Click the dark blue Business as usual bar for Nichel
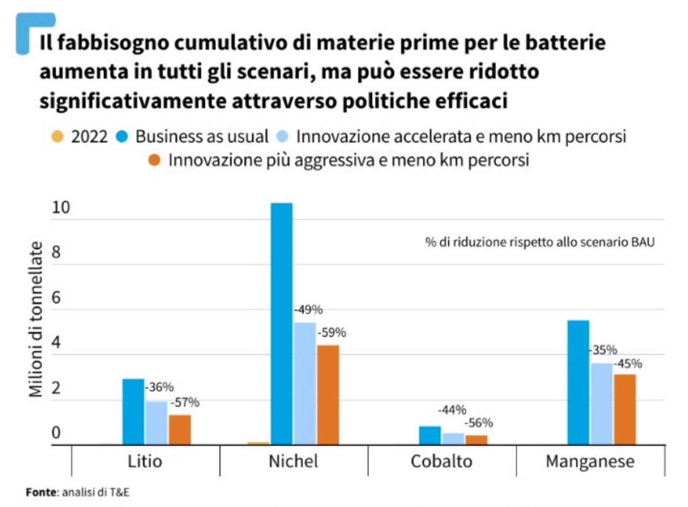[282, 323]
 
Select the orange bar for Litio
[180, 430]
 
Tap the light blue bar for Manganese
[601, 404]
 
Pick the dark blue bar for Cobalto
[430, 435]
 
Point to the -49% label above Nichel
[308, 309]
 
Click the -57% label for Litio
[185, 402]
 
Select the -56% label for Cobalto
[479, 423]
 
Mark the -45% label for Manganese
[628, 364]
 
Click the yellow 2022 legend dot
[58, 137]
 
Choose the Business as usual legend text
[202, 137]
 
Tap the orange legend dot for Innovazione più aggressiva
[154, 160]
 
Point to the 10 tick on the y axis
[61, 207]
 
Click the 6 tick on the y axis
[56, 298]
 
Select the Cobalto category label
[441, 461]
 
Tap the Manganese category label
[590, 461]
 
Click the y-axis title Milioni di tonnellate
[36, 319]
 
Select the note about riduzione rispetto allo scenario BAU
[540, 242]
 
